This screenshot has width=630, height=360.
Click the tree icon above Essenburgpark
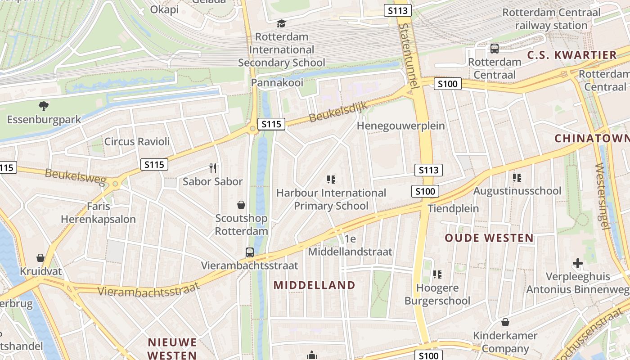44,106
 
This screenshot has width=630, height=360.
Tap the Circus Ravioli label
137,141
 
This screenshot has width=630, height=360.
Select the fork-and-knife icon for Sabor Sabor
213,168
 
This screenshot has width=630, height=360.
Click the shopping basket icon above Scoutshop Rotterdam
241,205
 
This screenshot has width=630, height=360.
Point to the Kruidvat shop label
40,272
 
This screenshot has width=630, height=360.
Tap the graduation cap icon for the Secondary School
281,23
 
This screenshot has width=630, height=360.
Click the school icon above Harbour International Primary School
331,180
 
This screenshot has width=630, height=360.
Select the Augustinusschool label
517,191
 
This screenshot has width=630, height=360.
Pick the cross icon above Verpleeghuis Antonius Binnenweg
578,263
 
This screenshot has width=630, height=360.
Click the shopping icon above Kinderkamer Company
505,322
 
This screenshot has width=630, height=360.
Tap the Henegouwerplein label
400,126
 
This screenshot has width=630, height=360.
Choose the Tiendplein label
453,208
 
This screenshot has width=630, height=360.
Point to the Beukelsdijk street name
338,112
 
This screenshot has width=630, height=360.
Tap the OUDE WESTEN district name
489,238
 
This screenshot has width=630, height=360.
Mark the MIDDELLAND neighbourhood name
315,285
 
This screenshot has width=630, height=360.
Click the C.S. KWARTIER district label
571,55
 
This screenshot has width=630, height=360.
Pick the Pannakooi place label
277,82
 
